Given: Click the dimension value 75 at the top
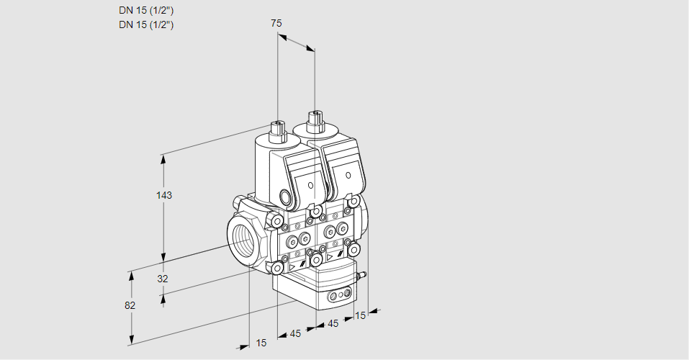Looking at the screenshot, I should point(276,24).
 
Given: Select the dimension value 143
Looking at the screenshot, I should point(165,195).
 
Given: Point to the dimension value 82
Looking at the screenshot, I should point(130,305).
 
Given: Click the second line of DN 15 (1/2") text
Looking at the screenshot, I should point(147,25).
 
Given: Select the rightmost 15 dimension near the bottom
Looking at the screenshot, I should point(360,315).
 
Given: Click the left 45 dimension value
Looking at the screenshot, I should point(294,333).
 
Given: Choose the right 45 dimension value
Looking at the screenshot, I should point(333,324).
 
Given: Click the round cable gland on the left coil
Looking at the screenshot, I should point(286,197).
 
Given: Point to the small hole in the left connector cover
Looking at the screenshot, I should point(311,185).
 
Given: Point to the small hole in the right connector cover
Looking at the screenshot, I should point(348,175).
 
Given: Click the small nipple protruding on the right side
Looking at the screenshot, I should point(363,274).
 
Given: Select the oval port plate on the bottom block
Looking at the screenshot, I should point(339,295).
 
